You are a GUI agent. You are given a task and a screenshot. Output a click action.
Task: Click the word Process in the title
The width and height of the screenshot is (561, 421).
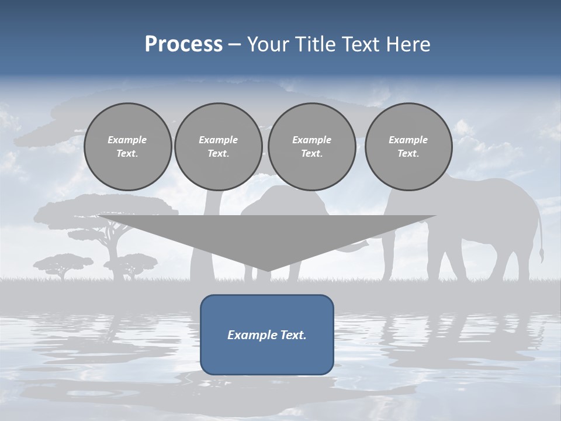pos(183,44)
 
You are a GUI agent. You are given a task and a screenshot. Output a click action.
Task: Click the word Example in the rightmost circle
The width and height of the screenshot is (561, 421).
pos(408,140)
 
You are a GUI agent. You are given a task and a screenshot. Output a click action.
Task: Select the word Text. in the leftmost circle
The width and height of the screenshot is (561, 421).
pos(127,153)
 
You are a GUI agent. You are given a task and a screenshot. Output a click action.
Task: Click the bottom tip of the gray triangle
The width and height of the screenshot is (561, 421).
pos(267,270)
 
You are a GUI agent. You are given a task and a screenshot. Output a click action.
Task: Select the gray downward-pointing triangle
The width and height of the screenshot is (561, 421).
pos(267,234)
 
